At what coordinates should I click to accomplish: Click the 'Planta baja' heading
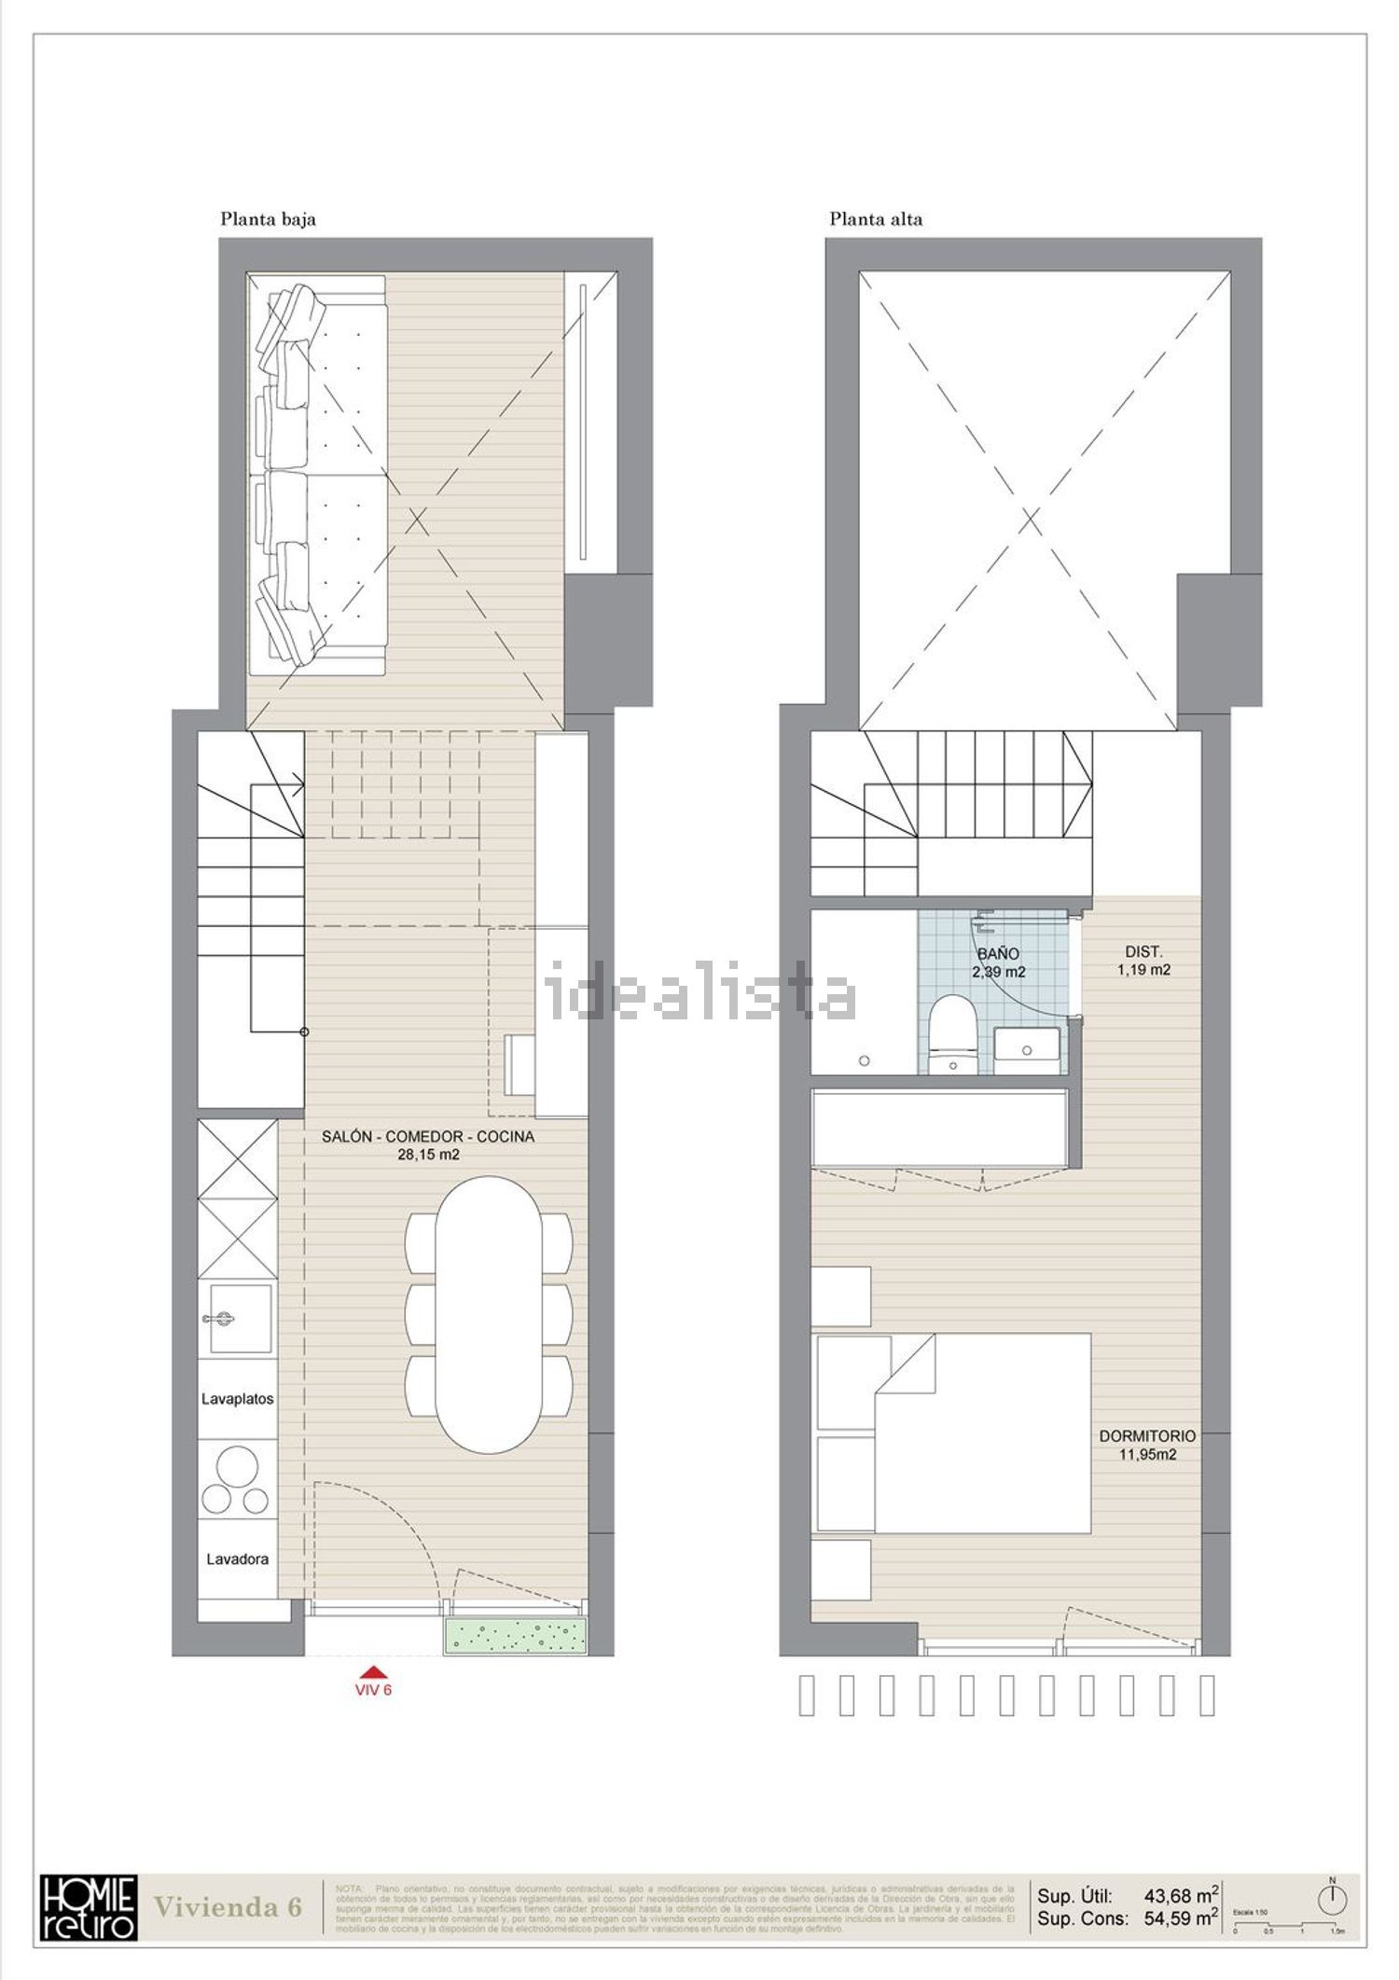(268, 219)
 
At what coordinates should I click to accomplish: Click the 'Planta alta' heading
(876, 219)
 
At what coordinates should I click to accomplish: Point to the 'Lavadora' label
(238, 1558)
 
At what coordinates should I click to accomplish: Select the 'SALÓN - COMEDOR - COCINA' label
(428, 1137)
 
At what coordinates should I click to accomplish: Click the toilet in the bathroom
(953, 1032)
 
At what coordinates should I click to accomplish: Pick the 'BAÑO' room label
(998, 954)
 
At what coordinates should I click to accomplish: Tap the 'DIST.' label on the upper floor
(1143, 952)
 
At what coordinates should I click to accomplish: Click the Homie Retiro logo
(89, 1906)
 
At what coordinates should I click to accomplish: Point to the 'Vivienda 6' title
(228, 1906)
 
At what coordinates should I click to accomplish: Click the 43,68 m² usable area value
(1182, 1895)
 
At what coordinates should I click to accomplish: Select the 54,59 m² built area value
(1182, 1918)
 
